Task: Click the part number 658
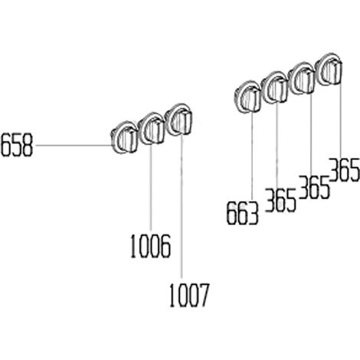[x=17, y=145]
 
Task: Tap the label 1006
[x=150, y=247]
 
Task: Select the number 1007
[x=189, y=295]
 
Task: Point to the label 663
[x=243, y=213]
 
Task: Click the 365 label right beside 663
[x=281, y=200]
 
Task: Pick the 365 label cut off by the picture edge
[x=344, y=170]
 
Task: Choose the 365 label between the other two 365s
[x=314, y=187]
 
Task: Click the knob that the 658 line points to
[x=124, y=138]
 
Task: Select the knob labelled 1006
[x=151, y=129]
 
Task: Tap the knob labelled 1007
[x=178, y=120]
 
